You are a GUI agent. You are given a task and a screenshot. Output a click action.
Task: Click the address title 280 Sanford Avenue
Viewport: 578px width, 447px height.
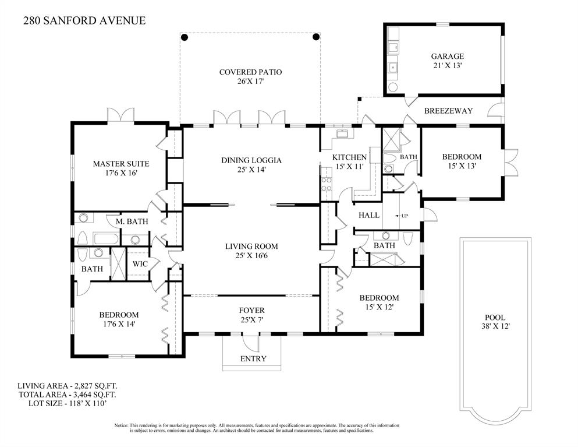(84, 20)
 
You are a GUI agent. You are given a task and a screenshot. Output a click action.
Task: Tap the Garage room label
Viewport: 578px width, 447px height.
(448, 57)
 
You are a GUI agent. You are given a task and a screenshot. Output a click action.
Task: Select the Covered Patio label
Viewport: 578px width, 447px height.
(251, 72)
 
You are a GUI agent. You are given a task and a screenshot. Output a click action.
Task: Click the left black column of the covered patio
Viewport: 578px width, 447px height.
(185, 37)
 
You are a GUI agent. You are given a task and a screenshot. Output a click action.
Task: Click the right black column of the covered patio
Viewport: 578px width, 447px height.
(316, 37)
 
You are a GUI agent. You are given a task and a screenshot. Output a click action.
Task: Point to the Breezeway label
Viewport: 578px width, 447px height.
(448, 111)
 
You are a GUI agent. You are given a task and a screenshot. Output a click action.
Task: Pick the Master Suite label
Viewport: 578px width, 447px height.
(121, 164)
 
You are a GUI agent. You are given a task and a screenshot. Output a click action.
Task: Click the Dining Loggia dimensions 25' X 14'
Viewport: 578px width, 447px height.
(251, 170)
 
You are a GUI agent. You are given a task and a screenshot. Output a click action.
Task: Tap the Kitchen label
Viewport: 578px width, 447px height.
(349, 157)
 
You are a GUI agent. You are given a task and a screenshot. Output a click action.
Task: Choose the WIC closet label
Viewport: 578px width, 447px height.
(140, 264)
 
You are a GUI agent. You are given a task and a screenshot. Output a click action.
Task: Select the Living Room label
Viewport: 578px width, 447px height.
(252, 246)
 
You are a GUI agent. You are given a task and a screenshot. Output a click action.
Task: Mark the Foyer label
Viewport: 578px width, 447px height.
(252, 311)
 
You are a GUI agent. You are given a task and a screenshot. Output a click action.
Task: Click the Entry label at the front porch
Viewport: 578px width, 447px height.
(253, 359)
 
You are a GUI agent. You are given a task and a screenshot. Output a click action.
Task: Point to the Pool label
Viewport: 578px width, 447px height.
(495, 318)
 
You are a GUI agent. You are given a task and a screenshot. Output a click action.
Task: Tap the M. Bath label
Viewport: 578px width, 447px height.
(132, 221)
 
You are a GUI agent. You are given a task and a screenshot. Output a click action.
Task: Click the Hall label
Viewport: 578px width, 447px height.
(369, 215)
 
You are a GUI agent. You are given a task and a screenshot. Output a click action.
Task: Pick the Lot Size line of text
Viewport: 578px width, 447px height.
(68, 403)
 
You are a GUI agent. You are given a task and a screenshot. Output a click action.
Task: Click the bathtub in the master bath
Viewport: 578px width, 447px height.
(106, 238)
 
